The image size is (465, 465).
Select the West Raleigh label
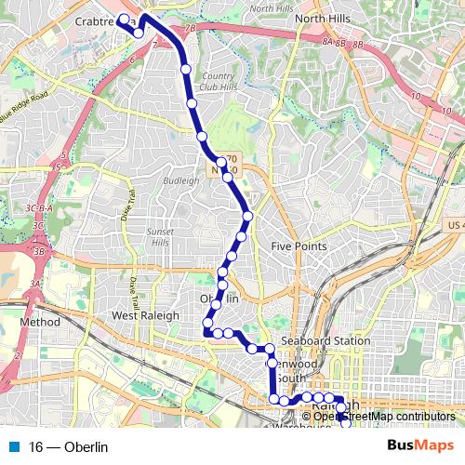click(x=145, y=316)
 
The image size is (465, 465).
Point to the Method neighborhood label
click(x=41, y=322)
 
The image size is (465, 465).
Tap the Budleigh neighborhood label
click(x=180, y=180)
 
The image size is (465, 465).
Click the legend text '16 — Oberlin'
click(x=69, y=447)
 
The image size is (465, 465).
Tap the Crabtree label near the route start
click(x=100, y=19)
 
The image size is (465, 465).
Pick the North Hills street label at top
click(x=272, y=7)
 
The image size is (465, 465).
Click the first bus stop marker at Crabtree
click(x=124, y=18)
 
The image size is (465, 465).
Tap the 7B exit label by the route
click(x=190, y=29)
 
